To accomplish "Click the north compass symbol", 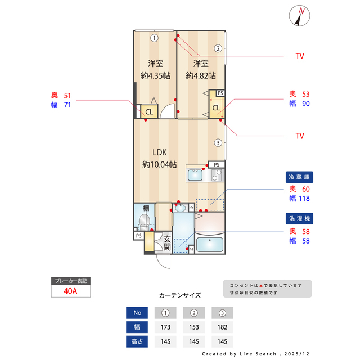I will point(299,16).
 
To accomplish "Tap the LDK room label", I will point(159,152).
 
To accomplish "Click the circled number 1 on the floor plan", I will point(154,38).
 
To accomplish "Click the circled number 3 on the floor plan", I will point(218,142).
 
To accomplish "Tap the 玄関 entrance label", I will point(167,243).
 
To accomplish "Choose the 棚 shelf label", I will point(146,208).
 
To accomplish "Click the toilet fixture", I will point(144,222).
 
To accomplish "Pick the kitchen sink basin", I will point(195,175).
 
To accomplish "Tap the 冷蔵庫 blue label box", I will point(298,177).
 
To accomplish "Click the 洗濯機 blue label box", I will point(298,218).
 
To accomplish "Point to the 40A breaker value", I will point(71,291).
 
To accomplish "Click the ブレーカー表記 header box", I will point(71,281).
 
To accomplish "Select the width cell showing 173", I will point(165,327).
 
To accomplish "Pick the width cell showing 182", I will point(222,327).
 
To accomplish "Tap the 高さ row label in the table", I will point(137,341).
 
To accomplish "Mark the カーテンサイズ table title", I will point(180,295).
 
